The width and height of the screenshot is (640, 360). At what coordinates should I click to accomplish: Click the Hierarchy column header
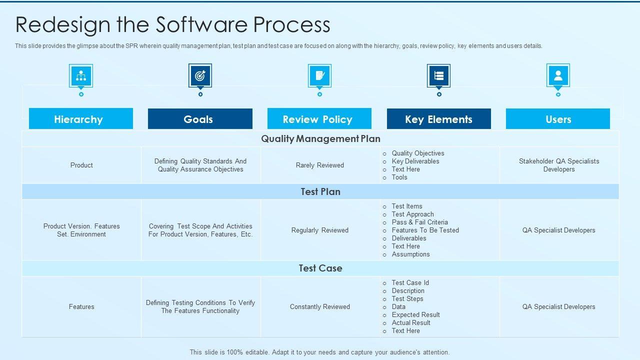point(81,119)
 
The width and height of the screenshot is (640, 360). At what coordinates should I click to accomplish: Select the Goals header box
point(200,119)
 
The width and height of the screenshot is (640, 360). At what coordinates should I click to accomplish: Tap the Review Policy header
point(319,119)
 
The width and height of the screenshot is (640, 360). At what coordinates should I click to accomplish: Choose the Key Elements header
point(438,119)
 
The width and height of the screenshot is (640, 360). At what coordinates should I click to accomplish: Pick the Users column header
point(558,119)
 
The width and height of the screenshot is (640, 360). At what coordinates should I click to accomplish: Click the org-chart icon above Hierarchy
point(81,76)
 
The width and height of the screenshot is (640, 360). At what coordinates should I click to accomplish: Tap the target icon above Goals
point(200,76)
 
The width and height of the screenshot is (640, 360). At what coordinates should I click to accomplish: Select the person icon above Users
point(558,76)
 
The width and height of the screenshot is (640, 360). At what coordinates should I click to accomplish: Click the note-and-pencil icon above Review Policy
point(319,76)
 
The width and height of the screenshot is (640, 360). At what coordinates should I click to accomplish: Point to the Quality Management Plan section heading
point(320,138)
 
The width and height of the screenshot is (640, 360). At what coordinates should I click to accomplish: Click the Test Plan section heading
point(320,191)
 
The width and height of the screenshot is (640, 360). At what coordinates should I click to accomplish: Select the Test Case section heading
point(320,268)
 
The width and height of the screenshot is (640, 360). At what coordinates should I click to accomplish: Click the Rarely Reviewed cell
point(320,165)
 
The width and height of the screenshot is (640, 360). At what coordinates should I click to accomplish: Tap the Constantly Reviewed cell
point(320,306)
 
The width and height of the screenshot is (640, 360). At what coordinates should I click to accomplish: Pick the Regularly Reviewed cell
point(320,230)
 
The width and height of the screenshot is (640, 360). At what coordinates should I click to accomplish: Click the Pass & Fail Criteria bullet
point(419,222)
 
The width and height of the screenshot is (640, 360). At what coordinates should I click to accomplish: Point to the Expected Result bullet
point(415,314)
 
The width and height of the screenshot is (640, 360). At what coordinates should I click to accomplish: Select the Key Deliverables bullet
point(415,161)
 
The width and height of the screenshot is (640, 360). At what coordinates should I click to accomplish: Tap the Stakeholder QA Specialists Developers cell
point(559,165)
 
